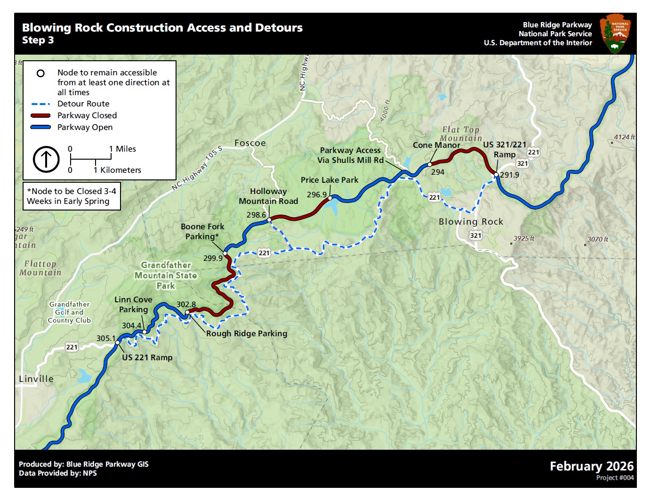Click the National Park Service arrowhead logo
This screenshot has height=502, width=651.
coord(615,33)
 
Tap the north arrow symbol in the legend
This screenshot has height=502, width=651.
coord(46,159)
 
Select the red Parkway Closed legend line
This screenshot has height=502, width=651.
coord(40,115)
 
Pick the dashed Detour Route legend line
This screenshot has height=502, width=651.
coord(40,104)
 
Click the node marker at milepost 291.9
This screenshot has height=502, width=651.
coord(496,175)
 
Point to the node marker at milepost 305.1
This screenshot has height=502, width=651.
coord(118,342)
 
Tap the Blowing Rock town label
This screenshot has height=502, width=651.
coord(471,222)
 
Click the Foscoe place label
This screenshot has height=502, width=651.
coord(250,143)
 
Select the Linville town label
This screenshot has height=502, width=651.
coord(36,379)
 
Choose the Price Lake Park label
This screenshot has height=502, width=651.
coord(330,180)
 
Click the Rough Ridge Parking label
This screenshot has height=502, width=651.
coord(247,333)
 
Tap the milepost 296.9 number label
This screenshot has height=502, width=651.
coord(317,194)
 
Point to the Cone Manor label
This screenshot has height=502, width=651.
coord(436,145)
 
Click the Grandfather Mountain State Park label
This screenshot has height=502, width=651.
coord(166,275)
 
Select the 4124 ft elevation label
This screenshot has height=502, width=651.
coord(624,137)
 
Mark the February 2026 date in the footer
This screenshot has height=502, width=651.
coord(592,466)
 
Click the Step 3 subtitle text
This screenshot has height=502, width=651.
coord(38,40)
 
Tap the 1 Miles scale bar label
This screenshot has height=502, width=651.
coord(122,149)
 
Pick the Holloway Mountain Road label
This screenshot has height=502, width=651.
coord(268,196)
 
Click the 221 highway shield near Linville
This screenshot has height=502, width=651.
coord(72,347)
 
